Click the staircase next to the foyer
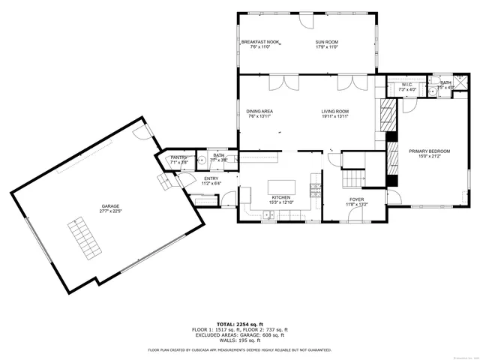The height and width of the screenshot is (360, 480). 352,178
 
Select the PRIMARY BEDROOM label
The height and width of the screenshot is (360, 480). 430,151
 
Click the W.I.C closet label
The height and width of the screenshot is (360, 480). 407,85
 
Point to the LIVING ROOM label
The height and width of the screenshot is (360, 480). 335,112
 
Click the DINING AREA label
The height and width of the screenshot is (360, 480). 259,112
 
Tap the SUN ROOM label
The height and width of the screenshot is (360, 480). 326,42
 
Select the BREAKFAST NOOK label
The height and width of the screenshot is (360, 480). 259,42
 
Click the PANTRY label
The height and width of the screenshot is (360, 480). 178,157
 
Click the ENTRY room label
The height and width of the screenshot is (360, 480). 211,178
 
